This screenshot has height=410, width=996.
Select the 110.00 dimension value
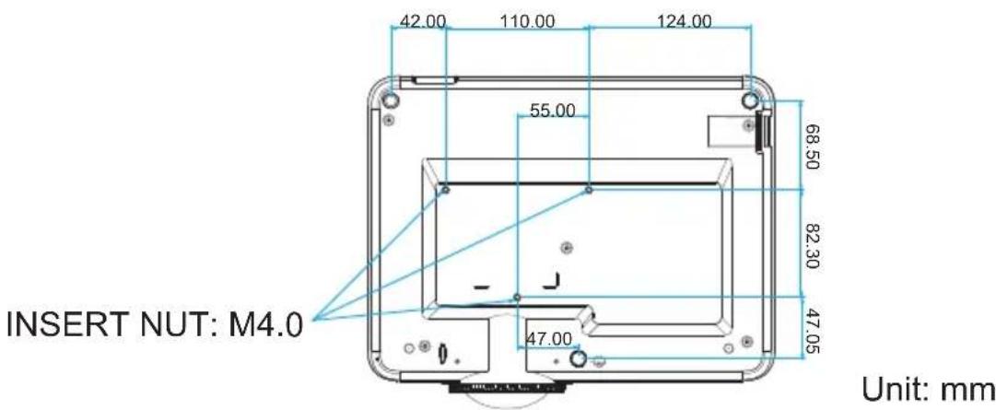(x=527, y=21)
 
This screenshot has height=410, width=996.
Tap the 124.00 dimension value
(x=684, y=21)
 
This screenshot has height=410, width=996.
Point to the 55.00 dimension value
(x=553, y=110)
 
